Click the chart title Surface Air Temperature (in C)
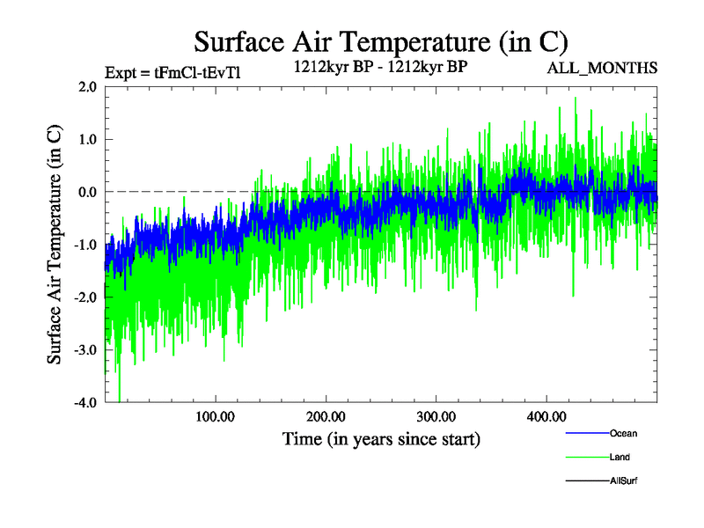pyautogui.click(x=380, y=41)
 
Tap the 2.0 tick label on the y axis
pyautogui.click(x=86, y=86)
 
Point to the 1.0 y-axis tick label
pyautogui.click(x=86, y=139)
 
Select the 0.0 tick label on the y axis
pyautogui.click(x=86, y=192)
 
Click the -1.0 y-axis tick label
pyautogui.click(x=84, y=245)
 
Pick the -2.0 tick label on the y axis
pyautogui.click(x=84, y=297)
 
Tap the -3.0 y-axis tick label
pyautogui.click(x=84, y=350)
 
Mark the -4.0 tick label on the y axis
pyautogui.click(x=84, y=402)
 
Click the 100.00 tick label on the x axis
pyautogui.click(x=215, y=416)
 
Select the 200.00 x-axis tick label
pyautogui.click(x=326, y=416)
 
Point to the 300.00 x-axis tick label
pyautogui.click(x=436, y=416)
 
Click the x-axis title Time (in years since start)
pyautogui.click(x=381, y=437)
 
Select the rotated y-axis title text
pyautogui.click(x=55, y=245)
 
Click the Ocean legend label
pyautogui.click(x=623, y=433)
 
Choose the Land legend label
pyautogui.click(x=620, y=457)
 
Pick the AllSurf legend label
pyautogui.click(x=623, y=480)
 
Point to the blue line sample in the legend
pyautogui.click(x=585, y=433)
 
